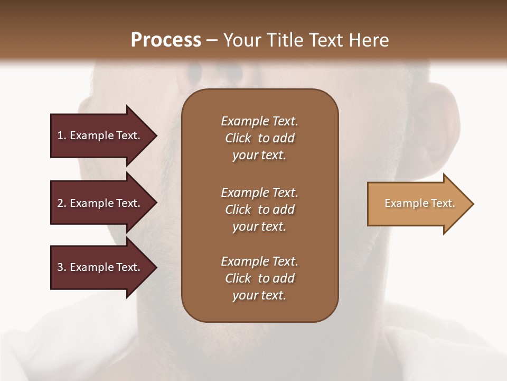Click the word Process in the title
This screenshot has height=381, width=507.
tap(166, 40)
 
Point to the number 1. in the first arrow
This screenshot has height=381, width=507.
tap(62, 136)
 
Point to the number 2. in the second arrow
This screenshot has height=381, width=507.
tap(62, 204)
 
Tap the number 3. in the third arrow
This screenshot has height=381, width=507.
tap(62, 268)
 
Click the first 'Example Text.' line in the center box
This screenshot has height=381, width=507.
tap(259, 121)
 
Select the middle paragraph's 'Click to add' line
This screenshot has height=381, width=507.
tap(259, 210)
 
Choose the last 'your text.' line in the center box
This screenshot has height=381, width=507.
tap(259, 295)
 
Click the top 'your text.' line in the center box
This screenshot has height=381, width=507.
tap(259, 155)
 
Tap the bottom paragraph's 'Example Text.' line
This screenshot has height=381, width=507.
tap(259, 261)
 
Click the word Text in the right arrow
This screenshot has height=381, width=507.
tap(443, 203)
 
